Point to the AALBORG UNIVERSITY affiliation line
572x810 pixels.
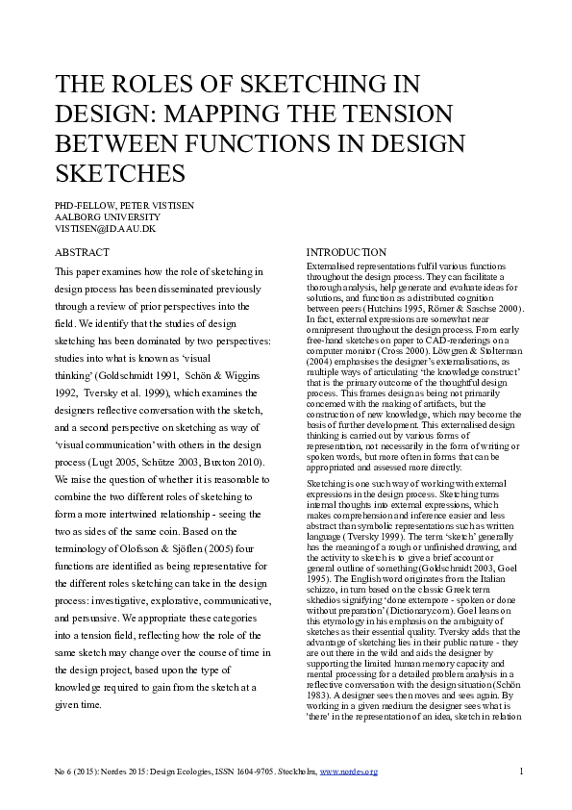click(x=104, y=218)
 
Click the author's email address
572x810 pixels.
click(x=106, y=230)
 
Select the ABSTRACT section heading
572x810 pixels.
click(x=83, y=252)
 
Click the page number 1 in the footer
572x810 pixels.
click(x=520, y=772)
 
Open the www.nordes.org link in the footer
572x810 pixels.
click(x=349, y=772)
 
